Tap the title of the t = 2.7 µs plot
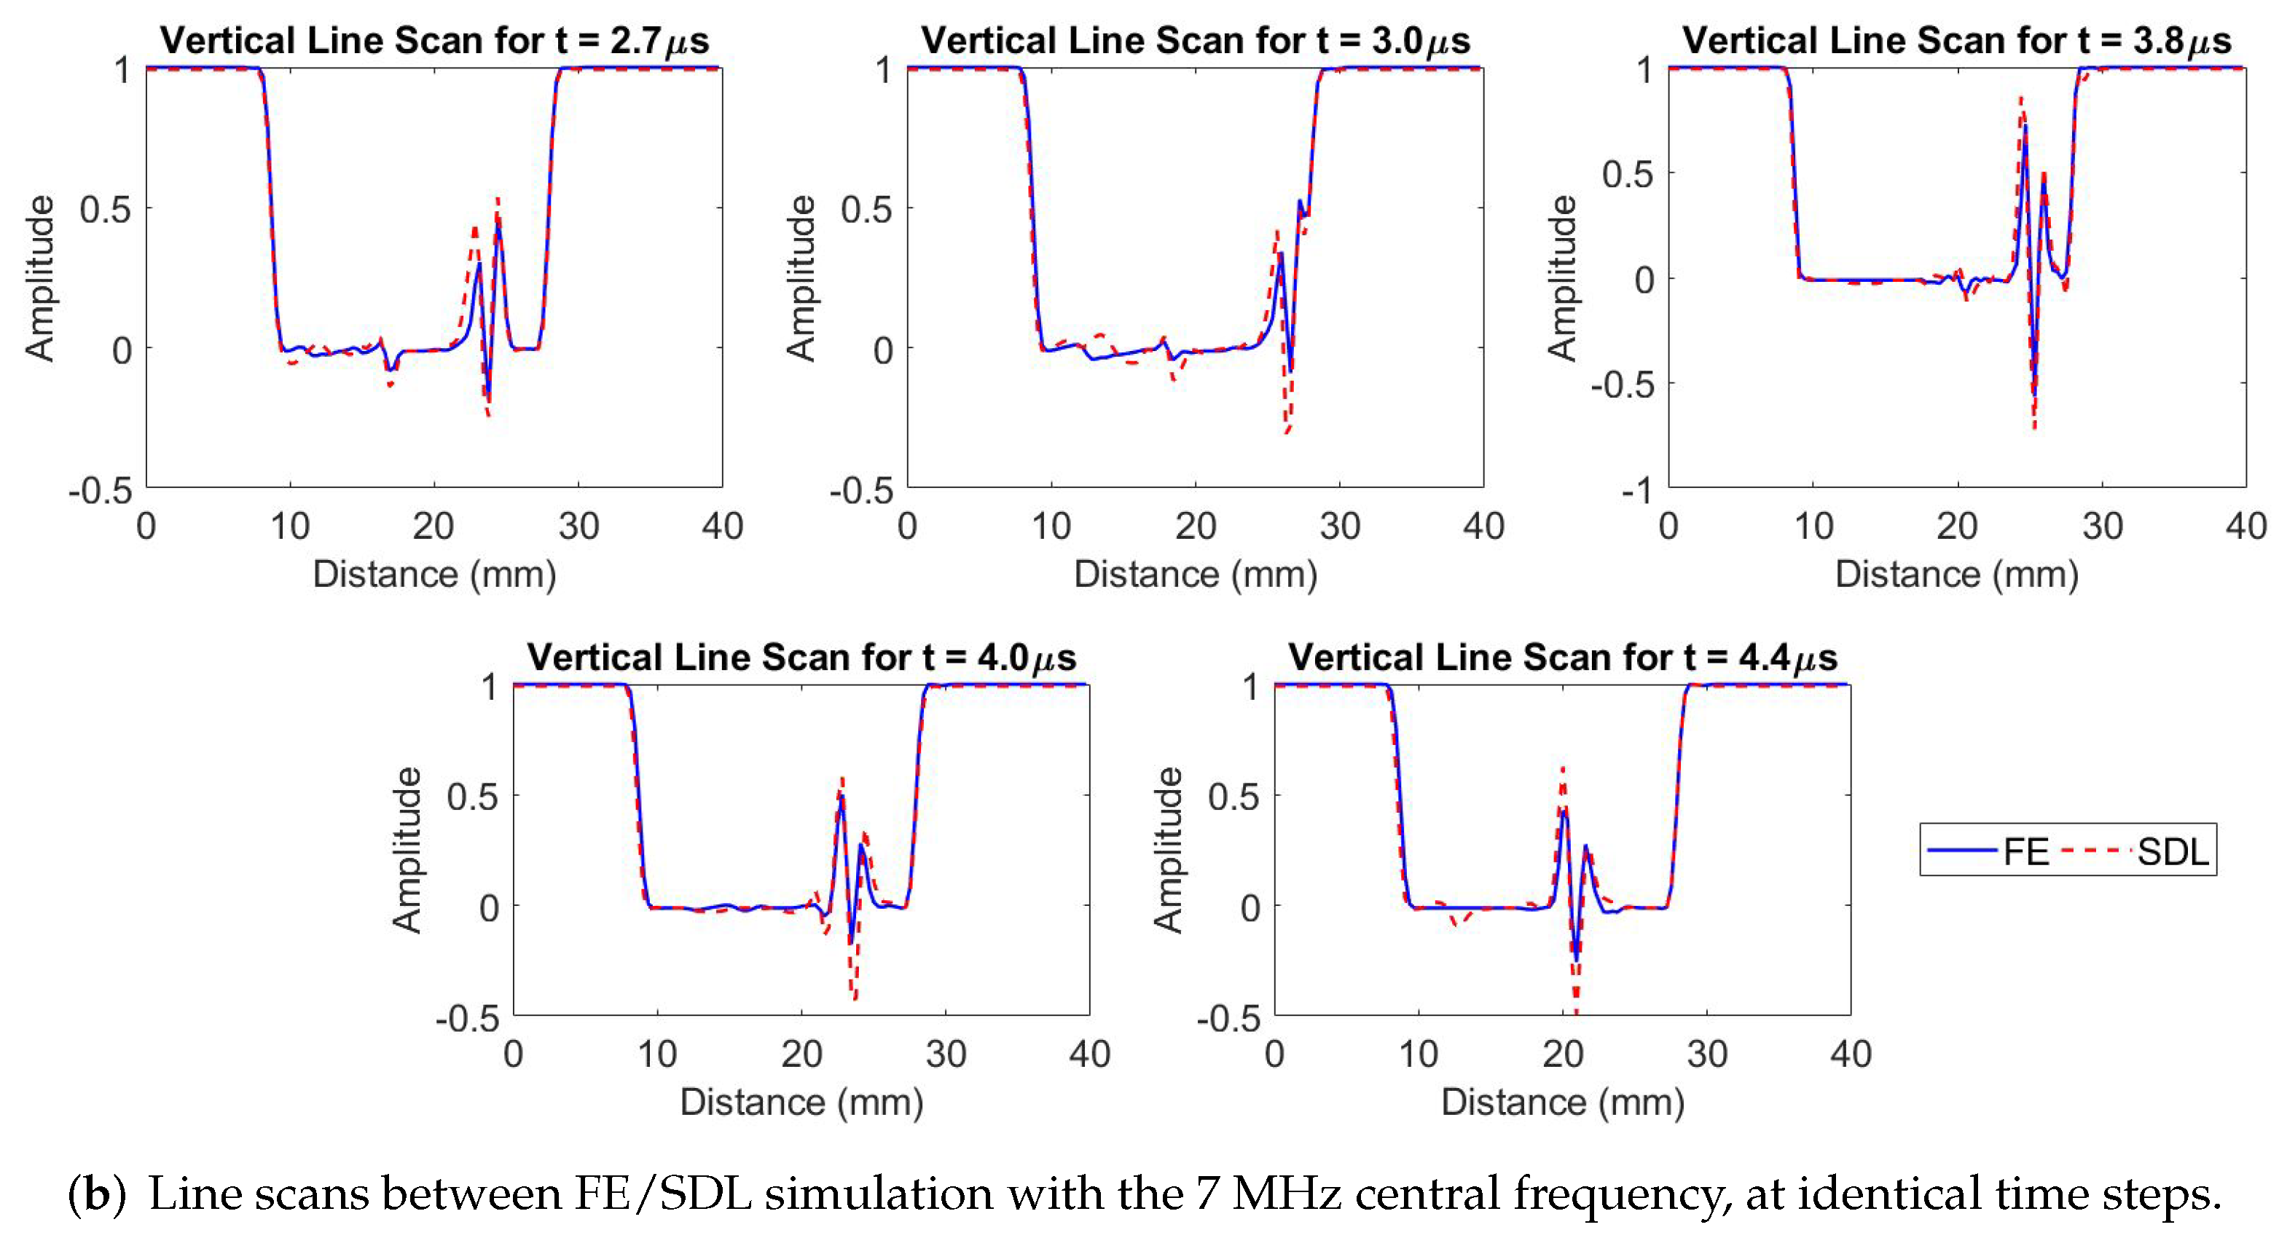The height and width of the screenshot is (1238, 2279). [434, 41]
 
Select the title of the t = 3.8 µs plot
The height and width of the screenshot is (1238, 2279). [1956, 41]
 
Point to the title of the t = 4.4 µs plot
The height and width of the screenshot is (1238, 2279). [1562, 657]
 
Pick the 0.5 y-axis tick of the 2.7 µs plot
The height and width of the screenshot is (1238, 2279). [104, 210]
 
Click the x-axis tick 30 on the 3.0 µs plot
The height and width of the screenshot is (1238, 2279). [1339, 526]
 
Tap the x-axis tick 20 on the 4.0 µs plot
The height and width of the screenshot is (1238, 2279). [801, 1054]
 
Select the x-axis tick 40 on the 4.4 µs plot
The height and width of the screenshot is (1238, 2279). [1851, 1054]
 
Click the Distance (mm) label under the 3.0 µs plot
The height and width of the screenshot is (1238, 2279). [1195, 575]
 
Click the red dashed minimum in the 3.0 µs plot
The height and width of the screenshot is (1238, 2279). [1287, 432]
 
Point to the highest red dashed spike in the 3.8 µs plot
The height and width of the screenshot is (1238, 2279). [2020, 99]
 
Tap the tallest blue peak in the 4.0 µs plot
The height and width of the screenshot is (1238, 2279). [842, 797]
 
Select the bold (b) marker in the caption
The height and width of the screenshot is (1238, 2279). [96, 1194]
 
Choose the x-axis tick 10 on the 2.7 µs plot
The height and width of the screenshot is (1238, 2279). [290, 526]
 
